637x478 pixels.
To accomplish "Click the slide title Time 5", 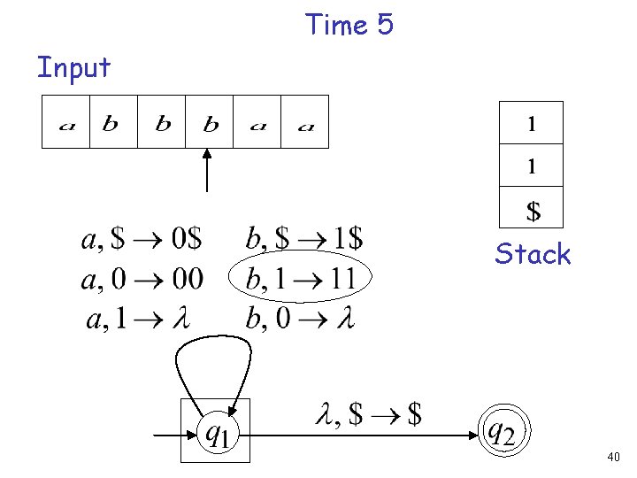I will click(349, 25).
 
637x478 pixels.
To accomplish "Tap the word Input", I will click(73, 67).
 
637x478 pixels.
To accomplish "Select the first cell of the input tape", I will click(66, 122).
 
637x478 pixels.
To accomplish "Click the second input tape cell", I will click(113, 122).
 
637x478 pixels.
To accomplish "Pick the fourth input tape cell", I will click(210, 122).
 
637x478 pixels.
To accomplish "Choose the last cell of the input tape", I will click(304, 122).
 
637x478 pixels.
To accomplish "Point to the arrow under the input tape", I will click(207, 170).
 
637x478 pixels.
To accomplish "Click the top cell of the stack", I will click(531, 123).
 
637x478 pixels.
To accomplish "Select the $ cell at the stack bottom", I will click(531, 210).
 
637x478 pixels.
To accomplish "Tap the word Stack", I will click(533, 254).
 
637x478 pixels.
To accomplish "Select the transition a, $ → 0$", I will click(142, 239).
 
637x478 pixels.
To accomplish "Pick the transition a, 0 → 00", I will click(142, 280).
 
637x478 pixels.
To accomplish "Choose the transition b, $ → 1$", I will click(303, 239).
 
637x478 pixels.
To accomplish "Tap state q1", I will click(216, 431).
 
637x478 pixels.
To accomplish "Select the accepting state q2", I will click(503, 431).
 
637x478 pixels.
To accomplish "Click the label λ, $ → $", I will click(368, 412).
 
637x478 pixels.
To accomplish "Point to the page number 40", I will click(614, 458).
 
